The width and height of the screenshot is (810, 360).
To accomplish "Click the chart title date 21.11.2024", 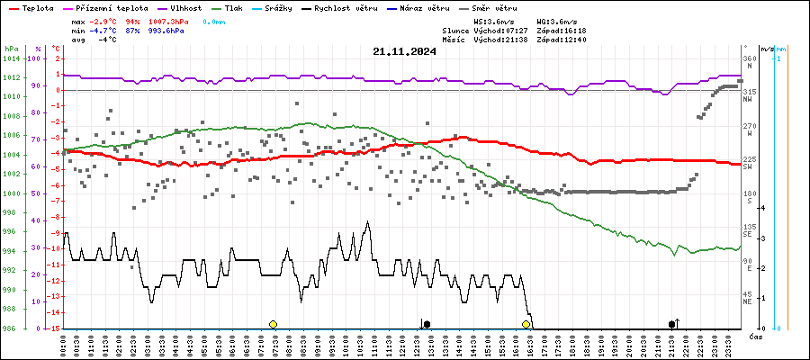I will [404, 51].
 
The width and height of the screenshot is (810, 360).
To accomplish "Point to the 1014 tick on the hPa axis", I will [11, 58].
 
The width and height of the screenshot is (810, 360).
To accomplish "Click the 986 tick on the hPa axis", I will [11, 328].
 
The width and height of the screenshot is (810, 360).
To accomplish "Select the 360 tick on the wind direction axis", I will [749, 58].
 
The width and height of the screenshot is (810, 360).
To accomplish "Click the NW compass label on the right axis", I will [748, 100].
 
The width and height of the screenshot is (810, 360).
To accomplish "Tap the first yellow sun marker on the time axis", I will [273, 324].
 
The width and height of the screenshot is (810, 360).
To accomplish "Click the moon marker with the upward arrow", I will [673, 323].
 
